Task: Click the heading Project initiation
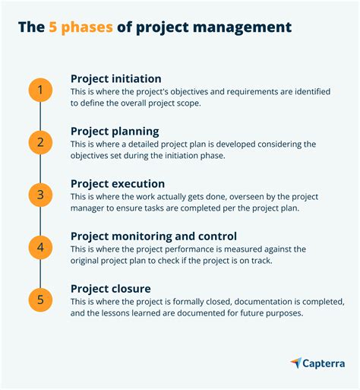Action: coord(117,78)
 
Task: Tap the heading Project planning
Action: coord(115,131)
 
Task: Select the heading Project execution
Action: coord(118,183)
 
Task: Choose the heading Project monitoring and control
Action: coord(153,236)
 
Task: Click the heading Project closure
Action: coord(111,288)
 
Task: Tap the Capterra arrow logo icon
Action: coord(296,363)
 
